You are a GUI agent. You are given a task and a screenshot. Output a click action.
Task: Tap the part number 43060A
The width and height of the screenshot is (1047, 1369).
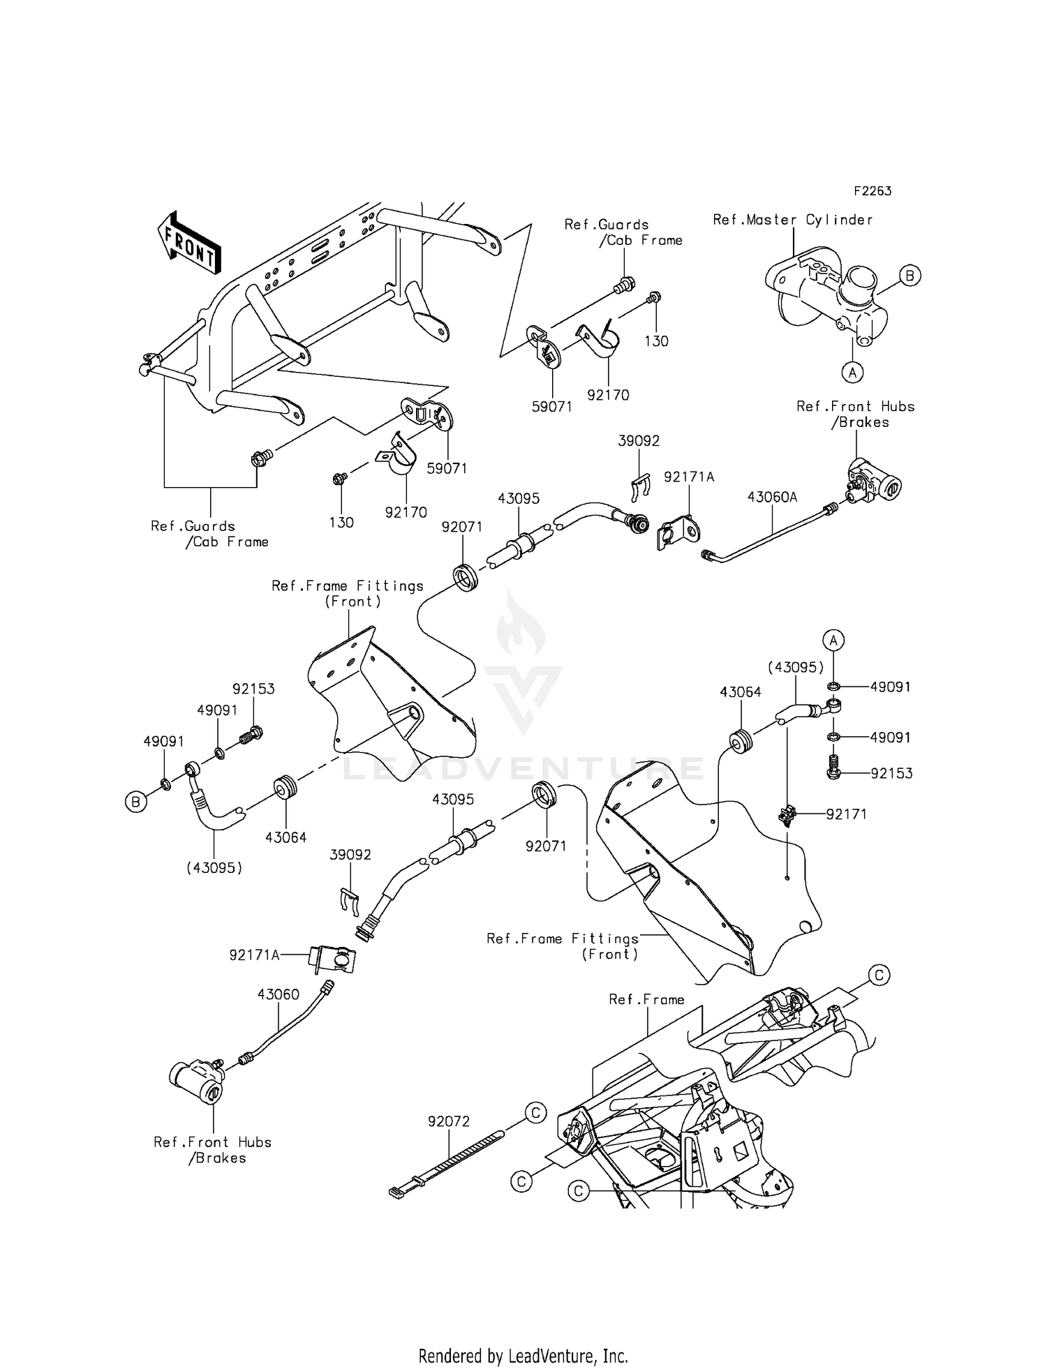[772, 498]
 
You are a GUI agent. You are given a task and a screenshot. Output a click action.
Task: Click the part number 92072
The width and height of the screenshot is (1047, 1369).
[449, 1121]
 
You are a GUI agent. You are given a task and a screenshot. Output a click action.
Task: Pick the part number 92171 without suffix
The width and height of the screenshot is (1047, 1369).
[846, 814]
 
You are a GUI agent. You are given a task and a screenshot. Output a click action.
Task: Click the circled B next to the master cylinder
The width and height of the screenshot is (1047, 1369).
[909, 276]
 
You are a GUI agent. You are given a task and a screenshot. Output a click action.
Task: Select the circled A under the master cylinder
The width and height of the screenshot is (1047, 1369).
[852, 372]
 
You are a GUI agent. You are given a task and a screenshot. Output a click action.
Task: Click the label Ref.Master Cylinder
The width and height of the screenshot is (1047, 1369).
[793, 220]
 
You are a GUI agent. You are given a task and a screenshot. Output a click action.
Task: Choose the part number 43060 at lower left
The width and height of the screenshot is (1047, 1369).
[278, 994]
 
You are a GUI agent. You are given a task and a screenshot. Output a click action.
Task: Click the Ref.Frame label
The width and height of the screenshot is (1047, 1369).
[646, 999]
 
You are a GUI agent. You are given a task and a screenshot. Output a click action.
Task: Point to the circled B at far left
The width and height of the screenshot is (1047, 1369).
[135, 802]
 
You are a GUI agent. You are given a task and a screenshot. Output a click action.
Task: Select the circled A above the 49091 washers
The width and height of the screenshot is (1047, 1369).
[833, 639]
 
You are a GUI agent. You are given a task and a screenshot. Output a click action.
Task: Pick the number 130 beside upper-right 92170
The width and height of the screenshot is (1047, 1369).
[656, 341]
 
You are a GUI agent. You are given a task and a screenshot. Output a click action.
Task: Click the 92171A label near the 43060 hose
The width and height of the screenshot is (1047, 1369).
[254, 955]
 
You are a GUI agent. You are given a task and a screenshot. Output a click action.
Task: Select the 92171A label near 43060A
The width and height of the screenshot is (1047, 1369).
[689, 477]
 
